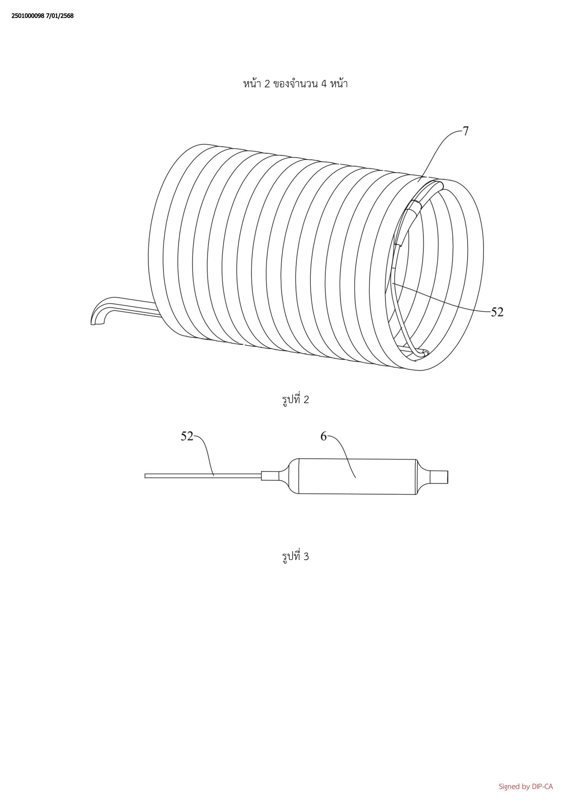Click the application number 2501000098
tap(28, 16)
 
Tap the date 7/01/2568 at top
tap(60, 16)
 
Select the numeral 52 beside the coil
tap(497, 312)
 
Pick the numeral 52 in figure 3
tap(187, 436)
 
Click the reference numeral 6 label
tap(323, 436)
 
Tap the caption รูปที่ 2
tap(295, 400)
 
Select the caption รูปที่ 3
tap(295, 556)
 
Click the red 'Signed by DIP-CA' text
tap(526, 786)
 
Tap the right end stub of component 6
tap(440, 477)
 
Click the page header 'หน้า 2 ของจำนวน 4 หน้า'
tap(295, 84)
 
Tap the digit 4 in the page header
tap(323, 84)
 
